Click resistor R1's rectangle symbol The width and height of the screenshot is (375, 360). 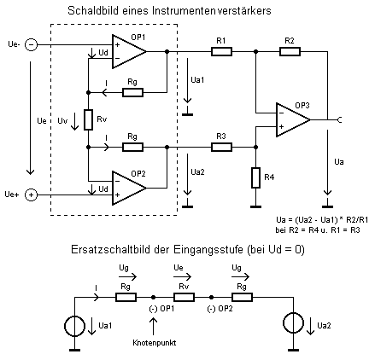point(221,52)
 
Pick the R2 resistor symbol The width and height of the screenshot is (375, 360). point(290,52)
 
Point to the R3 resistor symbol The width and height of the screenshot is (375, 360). point(221,148)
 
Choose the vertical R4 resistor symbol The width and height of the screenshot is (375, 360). point(255,177)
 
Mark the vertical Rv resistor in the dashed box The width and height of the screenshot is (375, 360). point(89,119)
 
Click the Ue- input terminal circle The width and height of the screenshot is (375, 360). point(32,45)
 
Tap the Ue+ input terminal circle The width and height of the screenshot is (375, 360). point(32,195)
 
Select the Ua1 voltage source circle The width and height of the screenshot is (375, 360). point(75,326)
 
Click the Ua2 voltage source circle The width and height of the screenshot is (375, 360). point(293,322)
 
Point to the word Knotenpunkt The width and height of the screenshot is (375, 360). point(155,342)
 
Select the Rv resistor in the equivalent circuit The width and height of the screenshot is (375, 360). point(184,298)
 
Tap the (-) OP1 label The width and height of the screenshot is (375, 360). point(161,309)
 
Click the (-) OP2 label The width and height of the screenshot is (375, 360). point(220,309)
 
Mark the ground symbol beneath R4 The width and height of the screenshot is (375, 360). point(255,206)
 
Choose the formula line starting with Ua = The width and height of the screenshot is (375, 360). point(322,220)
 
